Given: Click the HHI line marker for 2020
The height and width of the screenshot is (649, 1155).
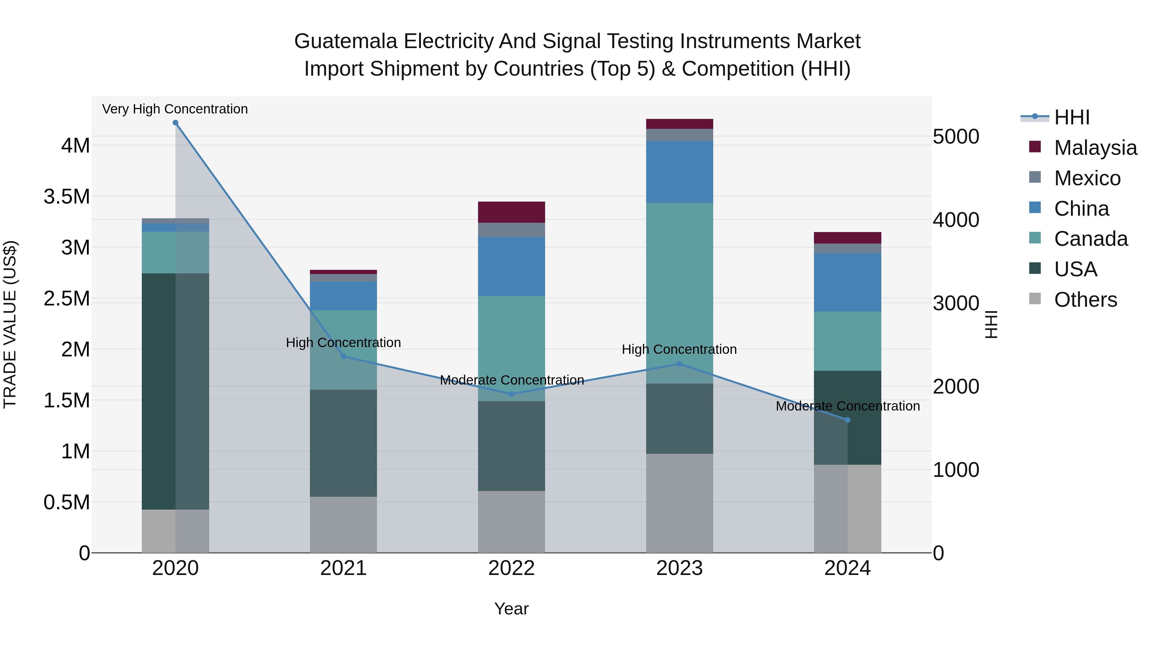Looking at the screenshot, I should [x=175, y=123].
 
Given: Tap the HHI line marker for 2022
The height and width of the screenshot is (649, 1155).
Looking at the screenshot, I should [x=512, y=394].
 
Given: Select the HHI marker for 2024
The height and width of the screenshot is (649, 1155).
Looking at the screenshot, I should [x=847, y=420].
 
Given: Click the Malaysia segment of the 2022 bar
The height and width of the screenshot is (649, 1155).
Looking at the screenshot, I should [x=512, y=212].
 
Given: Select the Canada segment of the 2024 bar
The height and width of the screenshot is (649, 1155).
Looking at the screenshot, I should [x=847, y=341].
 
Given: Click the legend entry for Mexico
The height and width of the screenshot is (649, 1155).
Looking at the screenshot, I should [x=1087, y=178].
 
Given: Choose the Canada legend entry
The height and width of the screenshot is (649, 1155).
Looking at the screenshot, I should [x=1091, y=239].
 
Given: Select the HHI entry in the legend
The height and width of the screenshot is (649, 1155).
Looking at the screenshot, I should [x=1072, y=117].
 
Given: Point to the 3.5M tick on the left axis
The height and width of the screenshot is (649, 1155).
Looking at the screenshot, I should [x=67, y=197].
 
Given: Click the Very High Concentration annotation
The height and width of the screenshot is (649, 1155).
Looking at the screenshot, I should [x=175, y=109].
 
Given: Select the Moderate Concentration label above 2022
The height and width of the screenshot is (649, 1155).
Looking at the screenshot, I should [x=512, y=380].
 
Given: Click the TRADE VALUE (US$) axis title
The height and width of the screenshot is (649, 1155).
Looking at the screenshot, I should [x=10, y=324].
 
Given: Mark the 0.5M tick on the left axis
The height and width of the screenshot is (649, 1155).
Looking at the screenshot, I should [x=67, y=503].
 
